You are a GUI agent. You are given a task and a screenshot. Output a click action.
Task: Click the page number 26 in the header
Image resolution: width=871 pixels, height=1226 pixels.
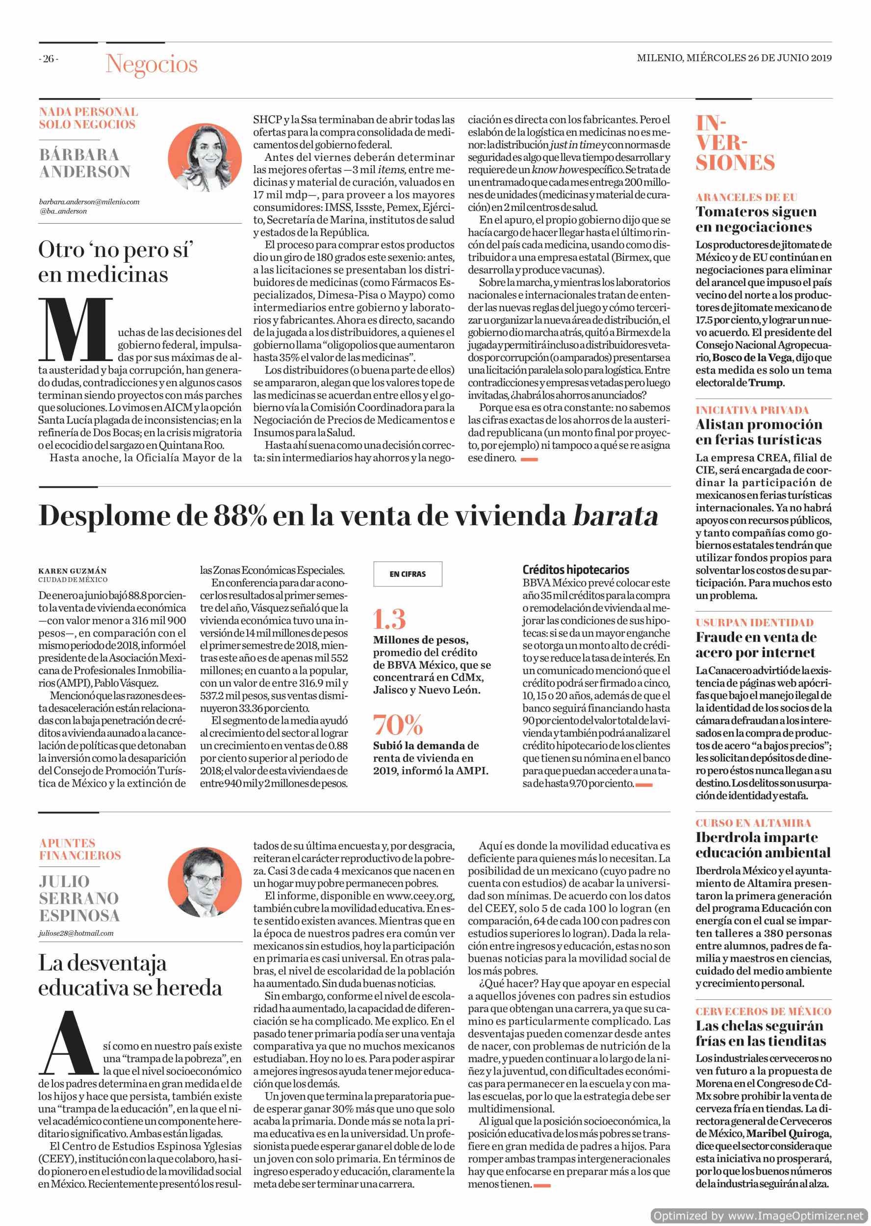point(48,59)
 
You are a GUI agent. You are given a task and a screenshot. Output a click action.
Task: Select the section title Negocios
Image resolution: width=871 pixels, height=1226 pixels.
point(152,64)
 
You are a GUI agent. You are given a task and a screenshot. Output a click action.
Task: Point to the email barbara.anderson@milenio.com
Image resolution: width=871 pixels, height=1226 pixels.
point(89,202)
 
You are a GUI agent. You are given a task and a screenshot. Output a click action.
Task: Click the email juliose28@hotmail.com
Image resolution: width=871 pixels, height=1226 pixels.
point(76,933)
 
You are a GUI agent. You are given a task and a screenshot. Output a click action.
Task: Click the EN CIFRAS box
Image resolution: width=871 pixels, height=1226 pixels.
point(408,574)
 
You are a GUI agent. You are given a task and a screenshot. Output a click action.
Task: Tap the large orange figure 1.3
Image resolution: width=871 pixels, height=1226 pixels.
point(390,619)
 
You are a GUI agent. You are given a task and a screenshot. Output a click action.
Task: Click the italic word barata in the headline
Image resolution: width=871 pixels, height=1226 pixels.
point(615,516)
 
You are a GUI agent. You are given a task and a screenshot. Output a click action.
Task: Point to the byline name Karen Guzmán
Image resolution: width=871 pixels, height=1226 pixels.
point(73,571)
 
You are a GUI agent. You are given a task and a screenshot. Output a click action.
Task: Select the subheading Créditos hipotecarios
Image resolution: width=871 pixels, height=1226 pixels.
point(575,569)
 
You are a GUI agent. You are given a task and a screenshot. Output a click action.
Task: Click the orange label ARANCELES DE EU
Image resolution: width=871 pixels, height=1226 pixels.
point(746,197)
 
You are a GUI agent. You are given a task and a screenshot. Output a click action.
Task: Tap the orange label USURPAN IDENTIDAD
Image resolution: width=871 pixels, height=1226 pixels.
point(754,623)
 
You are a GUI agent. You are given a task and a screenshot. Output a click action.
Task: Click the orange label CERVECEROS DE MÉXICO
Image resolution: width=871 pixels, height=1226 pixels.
point(763,1012)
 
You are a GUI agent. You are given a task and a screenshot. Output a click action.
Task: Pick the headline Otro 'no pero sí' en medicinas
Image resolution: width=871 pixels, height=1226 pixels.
point(115,262)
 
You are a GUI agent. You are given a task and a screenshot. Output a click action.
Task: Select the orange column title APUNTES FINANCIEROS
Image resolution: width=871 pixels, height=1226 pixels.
point(80,849)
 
